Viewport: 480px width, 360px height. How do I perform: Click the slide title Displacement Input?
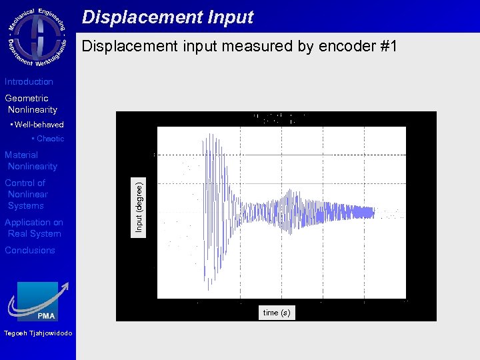tap(167, 17)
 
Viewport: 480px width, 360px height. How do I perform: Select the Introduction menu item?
tap(29, 82)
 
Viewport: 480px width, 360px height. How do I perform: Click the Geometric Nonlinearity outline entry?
tap(31, 104)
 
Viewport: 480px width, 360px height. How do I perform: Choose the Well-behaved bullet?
tap(37, 125)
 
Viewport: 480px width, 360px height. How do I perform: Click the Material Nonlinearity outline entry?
tap(31, 161)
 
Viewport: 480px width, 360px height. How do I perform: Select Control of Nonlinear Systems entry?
tap(26, 194)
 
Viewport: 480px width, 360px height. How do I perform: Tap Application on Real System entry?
tap(34, 228)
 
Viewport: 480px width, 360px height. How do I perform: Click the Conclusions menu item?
tap(30, 251)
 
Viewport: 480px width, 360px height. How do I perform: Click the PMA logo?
tap(38, 301)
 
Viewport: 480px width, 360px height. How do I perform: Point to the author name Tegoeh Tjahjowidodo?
tap(38, 333)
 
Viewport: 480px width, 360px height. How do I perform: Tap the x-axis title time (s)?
tap(277, 313)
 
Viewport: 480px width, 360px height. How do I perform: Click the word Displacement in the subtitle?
tap(125, 47)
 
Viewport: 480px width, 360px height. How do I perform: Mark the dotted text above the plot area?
tap(278, 119)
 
